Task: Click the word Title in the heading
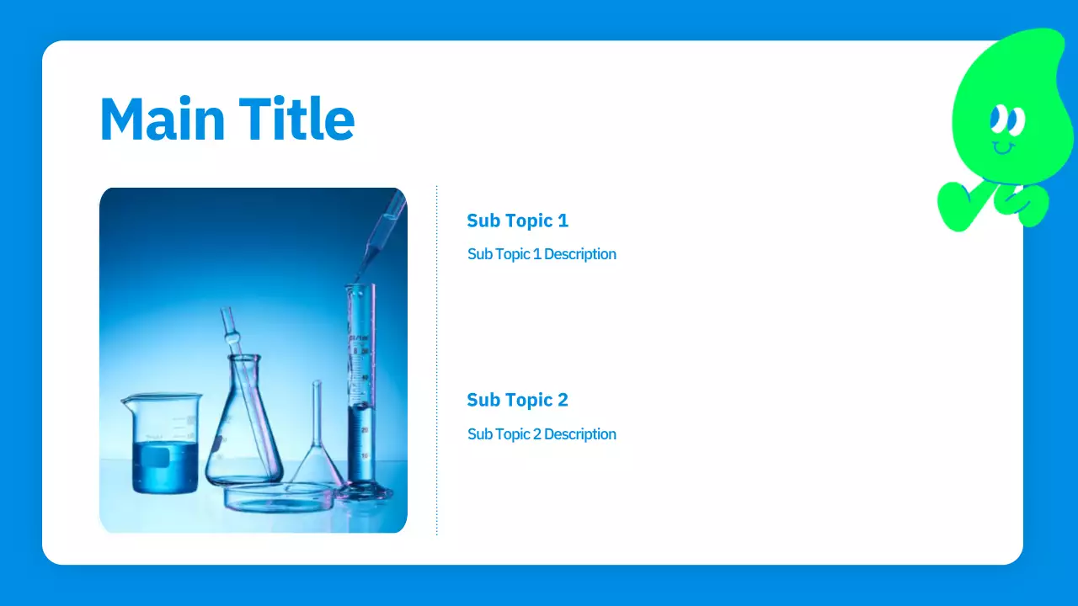[296, 119]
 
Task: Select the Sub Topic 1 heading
[517, 221]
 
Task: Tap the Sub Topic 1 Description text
[542, 254]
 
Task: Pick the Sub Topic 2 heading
[517, 400]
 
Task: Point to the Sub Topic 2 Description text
[542, 434]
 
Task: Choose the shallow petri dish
[278, 498]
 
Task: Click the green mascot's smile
[1003, 149]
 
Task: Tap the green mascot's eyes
[1006, 120]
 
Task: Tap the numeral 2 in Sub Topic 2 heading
[563, 400]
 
